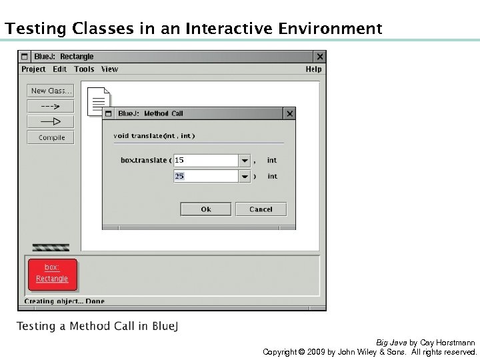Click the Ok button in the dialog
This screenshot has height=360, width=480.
tap(205, 209)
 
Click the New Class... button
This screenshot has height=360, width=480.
tap(51, 91)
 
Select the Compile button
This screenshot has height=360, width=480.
tap(51, 137)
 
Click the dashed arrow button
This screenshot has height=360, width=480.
tap(51, 106)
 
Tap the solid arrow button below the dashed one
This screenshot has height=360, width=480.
tap(51, 121)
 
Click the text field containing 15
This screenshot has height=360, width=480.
tap(205, 161)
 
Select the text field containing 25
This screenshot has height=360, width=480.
tap(205, 176)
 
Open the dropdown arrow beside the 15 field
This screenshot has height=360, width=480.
tap(245, 161)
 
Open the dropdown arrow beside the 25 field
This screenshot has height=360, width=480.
tap(245, 177)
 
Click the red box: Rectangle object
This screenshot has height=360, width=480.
tap(52, 273)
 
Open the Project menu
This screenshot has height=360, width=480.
tap(33, 69)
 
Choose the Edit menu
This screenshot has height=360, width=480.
tap(60, 69)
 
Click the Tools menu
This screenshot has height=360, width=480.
tap(84, 69)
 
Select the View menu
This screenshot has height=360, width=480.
tap(109, 69)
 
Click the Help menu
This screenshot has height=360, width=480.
tap(313, 69)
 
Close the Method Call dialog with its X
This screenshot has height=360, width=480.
tap(289, 114)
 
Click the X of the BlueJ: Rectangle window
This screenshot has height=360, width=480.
tap(320, 57)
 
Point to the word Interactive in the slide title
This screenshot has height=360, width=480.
tap(229, 29)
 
